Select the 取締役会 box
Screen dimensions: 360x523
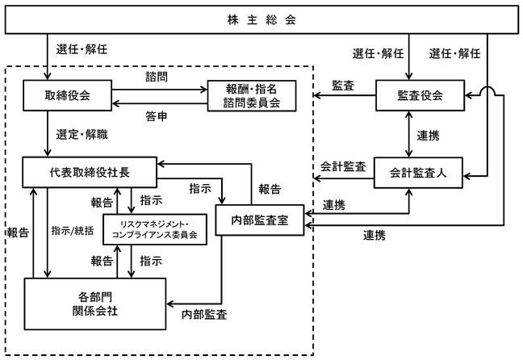coord(67,96)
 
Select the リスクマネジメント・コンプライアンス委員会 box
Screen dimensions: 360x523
coord(155,228)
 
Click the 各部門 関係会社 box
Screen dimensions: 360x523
coord(95,299)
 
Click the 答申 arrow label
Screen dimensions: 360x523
coord(157,116)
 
